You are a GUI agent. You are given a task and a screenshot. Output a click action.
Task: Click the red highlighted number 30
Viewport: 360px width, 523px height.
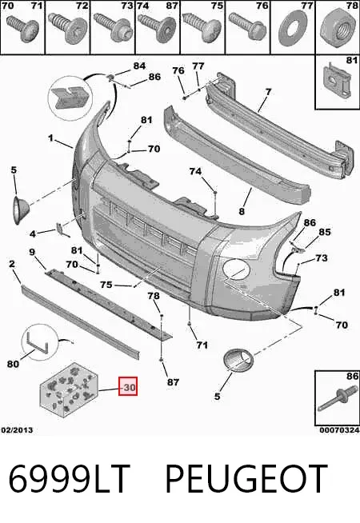click(x=128, y=387)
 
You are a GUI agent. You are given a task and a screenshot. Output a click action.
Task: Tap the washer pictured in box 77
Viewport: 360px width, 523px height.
click(x=294, y=28)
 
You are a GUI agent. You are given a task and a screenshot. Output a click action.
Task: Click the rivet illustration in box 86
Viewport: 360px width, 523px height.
click(x=336, y=400)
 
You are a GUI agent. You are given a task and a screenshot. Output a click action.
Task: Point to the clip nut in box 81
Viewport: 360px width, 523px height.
click(x=337, y=80)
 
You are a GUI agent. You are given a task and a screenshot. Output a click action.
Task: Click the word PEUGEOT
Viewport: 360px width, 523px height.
click(x=246, y=479)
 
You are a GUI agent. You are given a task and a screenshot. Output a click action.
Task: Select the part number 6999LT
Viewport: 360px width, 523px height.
click(x=69, y=479)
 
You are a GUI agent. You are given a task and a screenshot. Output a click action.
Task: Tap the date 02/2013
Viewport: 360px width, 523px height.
click(x=18, y=430)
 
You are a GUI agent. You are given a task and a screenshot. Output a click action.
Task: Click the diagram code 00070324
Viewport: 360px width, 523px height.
click(x=339, y=430)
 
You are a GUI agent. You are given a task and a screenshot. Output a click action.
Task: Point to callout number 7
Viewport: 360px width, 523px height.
click(x=268, y=91)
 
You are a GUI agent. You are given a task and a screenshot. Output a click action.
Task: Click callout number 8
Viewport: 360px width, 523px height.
click(x=242, y=211)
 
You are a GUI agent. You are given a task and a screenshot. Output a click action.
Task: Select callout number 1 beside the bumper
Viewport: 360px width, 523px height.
click(x=50, y=138)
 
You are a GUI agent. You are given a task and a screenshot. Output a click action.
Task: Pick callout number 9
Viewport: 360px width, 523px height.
click(x=32, y=252)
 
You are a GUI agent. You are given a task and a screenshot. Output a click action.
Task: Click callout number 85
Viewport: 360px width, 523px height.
click(x=325, y=231)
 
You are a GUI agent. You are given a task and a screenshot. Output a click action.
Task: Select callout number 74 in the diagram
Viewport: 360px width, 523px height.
click(x=195, y=171)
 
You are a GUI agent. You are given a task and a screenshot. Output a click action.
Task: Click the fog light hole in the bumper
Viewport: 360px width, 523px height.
click(x=236, y=269)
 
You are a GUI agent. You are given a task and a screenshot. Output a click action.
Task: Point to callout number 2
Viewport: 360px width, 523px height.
click(x=12, y=264)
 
